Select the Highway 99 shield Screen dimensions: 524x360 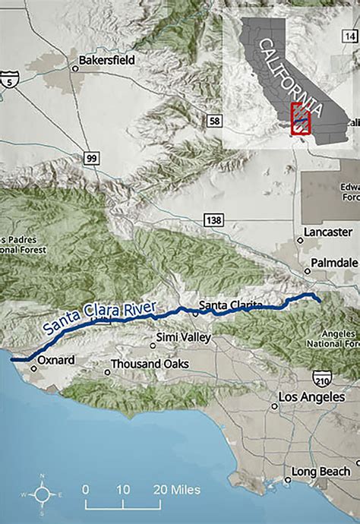tap(91, 158)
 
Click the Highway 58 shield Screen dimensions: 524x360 tap(215, 121)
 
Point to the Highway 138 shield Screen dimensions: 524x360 tap(212, 219)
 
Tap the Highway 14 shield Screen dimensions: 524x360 tap(350, 36)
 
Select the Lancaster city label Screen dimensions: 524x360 tap(327, 232)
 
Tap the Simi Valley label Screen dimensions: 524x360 tap(182, 336)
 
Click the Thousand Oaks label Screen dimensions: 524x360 tap(150, 365)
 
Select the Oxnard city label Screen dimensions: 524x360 tap(56, 359)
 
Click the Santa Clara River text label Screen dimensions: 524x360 tap(99, 319)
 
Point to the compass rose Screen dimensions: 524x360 tap(43, 494)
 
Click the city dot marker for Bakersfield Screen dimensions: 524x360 tap(75, 68)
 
